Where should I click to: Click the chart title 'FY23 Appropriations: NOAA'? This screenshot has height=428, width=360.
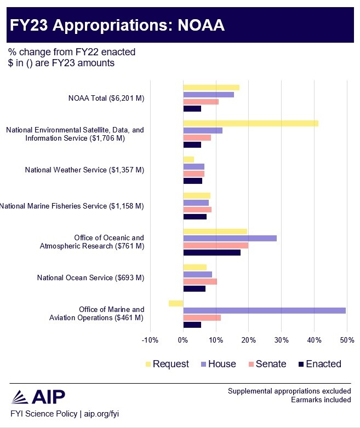click(117, 26)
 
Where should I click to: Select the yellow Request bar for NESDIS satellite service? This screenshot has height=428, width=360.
click(250, 123)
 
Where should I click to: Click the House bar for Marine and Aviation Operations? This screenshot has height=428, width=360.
click(264, 310)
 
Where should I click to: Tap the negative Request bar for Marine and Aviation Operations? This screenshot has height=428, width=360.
click(176, 303)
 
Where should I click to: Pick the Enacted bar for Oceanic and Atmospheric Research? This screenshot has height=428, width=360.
click(212, 252)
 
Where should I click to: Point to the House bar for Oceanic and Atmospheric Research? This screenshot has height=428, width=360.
click(230, 238)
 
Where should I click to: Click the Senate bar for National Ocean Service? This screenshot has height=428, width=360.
click(200, 281)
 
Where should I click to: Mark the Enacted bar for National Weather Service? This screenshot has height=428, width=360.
click(192, 181)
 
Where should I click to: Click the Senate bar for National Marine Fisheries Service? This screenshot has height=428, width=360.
click(197, 209)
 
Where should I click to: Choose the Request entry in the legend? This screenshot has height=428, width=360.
click(167, 364)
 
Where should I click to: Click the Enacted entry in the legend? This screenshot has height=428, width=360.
click(319, 364)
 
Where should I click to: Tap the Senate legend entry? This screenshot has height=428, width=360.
click(267, 364)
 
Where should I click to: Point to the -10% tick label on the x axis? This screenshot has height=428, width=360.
click(150, 340)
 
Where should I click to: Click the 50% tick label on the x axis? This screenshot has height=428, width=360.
click(347, 340)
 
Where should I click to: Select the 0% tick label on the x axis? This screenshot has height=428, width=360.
click(183, 340)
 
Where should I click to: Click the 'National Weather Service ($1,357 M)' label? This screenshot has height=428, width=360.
click(84, 170)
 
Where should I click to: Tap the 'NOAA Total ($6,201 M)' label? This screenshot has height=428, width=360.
click(106, 98)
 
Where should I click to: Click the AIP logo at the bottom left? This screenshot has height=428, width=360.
click(38, 396)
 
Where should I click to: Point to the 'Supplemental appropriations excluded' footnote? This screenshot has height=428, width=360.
click(289, 391)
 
